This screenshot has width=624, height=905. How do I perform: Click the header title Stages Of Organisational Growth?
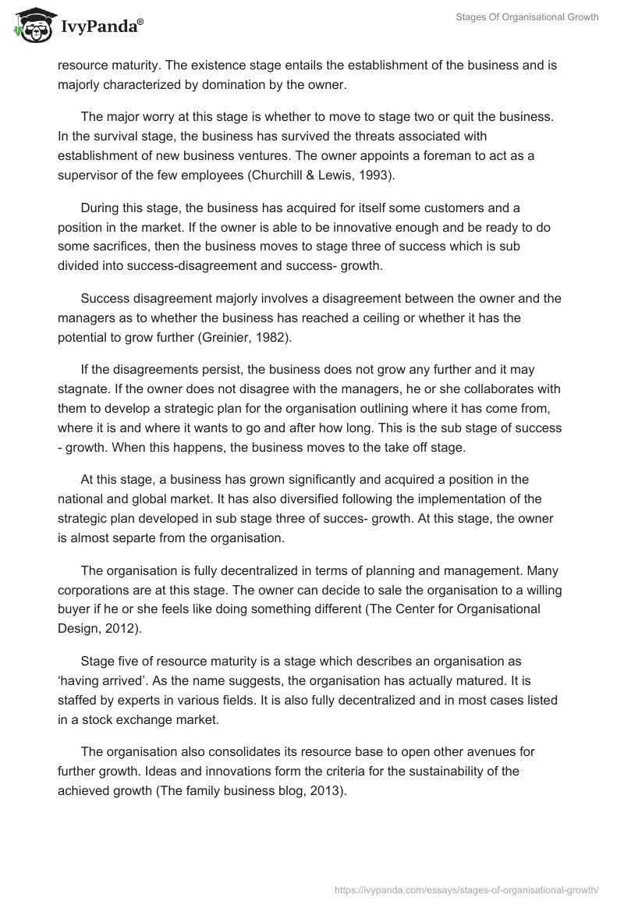pos(527,16)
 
